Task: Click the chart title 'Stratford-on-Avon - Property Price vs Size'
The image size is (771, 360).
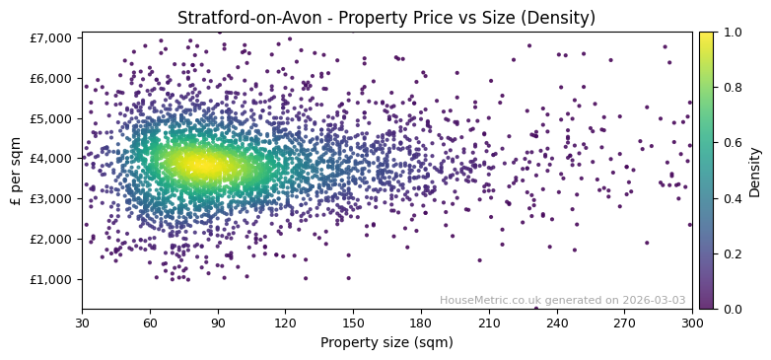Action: point(385,18)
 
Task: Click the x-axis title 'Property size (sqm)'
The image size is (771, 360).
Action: point(386,342)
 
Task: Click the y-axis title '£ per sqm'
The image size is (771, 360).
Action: point(17,171)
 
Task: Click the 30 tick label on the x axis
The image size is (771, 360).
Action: point(82,322)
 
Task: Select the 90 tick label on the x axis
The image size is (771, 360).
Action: point(218,322)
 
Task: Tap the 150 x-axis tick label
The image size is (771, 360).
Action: point(353,322)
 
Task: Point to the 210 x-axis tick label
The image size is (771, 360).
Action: point(489,322)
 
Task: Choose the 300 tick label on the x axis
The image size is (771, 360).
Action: point(692,322)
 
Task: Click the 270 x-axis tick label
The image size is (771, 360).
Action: point(624,322)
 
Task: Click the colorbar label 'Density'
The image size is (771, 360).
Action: point(754,171)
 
